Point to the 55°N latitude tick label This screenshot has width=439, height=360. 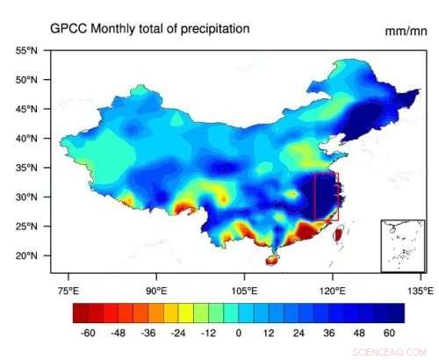click(26, 51)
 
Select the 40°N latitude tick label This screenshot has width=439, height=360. click(26, 139)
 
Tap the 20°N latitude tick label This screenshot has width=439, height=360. click(26, 256)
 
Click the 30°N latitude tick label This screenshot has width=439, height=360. click(26, 197)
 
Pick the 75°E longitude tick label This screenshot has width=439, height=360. click(68, 290)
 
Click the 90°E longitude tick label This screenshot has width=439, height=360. click(156, 290)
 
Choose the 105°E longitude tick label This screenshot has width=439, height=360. click(244, 290)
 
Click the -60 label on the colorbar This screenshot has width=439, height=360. click(88, 334)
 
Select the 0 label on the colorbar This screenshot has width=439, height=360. click(238, 334)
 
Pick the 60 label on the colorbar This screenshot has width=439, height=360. click(389, 334)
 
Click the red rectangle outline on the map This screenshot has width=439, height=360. click(313, 197)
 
